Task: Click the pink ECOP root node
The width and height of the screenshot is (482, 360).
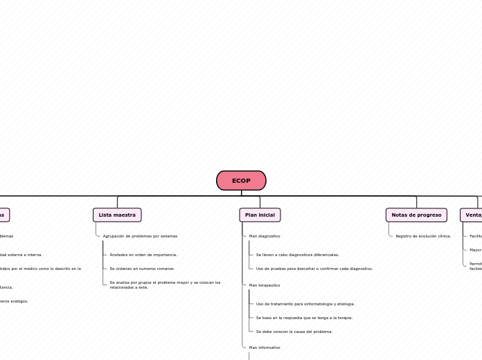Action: click(241, 181)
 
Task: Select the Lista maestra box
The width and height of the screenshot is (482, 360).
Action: click(117, 215)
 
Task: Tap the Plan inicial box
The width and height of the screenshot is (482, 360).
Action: click(260, 215)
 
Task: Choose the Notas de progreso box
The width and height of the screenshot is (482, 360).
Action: click(416, 215)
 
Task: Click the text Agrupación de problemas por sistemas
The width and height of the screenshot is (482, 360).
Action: click(140, 236)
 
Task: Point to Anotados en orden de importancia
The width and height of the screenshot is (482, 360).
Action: click(143, 255)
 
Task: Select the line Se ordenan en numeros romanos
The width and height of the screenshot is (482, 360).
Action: click(141, 269)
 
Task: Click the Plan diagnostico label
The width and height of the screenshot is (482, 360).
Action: click(265, 236)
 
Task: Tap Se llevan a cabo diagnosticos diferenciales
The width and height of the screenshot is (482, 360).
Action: click(297, 255)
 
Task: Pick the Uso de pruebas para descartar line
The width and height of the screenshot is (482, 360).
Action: click(314, 269)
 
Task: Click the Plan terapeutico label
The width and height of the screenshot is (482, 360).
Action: click(265, 285)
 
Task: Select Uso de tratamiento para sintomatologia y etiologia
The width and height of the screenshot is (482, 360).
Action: click(305, 304)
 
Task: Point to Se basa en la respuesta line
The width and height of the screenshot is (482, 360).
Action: click(304, 318)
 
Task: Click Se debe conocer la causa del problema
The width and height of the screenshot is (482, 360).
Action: click(294, 332)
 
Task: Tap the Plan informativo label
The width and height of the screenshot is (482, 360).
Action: click(265, 348)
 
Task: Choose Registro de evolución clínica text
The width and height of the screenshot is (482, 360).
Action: click(422, 236)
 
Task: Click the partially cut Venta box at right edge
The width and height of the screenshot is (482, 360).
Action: click(472, 215)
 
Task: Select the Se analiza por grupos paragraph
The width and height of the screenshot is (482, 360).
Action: click(165, 285)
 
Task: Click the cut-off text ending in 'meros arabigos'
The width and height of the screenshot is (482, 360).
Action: click(14, 301)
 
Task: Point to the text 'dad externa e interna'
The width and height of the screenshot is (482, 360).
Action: click(21, 255)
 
